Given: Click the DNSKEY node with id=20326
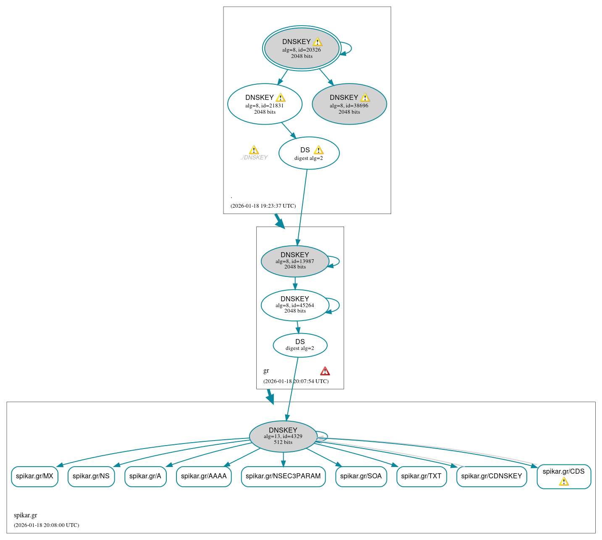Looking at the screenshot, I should click(x=302, y=48).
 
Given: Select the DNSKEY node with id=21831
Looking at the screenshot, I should click(x=265, y=104).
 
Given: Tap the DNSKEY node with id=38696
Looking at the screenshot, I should click(x=349, y=104).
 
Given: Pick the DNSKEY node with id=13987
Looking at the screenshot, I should click(x=295, y=261).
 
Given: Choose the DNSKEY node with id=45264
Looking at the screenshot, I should click(x=295, y=305).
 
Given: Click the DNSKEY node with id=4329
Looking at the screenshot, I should click(x=283, y=436).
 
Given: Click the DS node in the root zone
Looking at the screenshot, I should click(x=309, y=153).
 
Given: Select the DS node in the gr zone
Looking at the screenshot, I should click(x=300, y=345).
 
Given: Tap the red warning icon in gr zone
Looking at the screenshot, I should click(x=325, y=371).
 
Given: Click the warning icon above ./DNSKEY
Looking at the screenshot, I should click(x=254, y=150).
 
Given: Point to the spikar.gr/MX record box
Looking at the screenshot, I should click(x=34, y=476).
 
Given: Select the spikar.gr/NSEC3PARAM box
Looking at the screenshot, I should click(x=283, y=476).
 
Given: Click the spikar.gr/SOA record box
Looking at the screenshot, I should click(x=361, y=476).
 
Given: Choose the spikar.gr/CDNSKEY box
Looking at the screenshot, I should click(x=492, y=476).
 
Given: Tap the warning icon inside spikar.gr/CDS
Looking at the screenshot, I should click(x=564, y=481).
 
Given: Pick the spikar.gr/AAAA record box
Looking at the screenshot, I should click(x=204, y=476).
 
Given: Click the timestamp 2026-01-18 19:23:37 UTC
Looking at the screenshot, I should click(x=263, y=206).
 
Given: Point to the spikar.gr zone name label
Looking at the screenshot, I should click(x=26, y=515).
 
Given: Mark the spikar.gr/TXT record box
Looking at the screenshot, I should click(x=421, y=476).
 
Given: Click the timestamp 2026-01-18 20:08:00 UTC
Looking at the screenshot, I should click(x=46, y=525).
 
